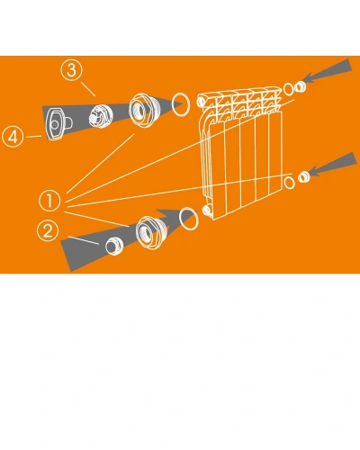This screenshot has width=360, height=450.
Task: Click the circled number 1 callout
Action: click(x=49, y=201)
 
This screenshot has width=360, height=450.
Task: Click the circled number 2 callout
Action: click(x=48, y=230)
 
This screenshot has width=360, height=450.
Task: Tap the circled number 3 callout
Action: click(x=71, y=70)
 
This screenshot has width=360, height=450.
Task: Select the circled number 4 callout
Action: click(x=13, y=137)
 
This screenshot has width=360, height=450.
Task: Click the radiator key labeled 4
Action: click(x=57, y=123)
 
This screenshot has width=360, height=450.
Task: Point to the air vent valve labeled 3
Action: click(x=101, y=116)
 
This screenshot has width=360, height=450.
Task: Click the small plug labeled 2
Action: click(x=114, y=247)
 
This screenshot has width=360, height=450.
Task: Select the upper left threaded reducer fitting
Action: click(x=142, y=110)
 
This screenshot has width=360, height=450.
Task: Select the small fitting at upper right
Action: click(x=300, y=86)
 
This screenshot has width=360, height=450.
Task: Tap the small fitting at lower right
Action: click(x=304, y=176)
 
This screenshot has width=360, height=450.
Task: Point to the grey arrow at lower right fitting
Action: click(x=333, y=165)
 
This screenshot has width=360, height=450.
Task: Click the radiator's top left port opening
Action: click(x=202, y=101)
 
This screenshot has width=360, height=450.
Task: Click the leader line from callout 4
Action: click(x=33, y=137)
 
